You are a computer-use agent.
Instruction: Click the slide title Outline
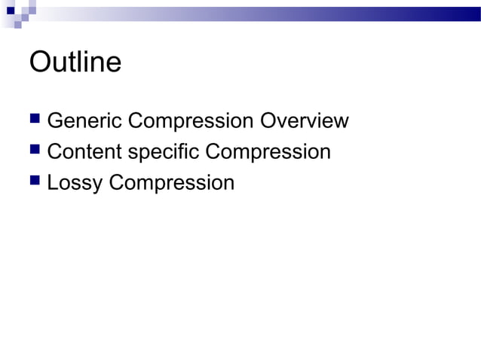75,62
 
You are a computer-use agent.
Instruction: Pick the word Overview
304,121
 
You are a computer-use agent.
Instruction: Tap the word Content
84,152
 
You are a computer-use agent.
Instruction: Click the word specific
164,152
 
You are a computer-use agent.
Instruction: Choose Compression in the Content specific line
268,152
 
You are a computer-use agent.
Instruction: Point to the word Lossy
75,183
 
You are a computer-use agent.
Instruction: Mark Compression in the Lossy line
172,183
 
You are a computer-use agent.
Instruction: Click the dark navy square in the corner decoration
10,10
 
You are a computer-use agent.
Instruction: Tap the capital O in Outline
39,62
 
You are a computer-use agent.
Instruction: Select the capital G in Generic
55,121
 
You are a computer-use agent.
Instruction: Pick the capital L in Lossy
52,183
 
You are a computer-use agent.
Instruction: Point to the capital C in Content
55,152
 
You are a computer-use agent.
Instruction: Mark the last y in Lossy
98,185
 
